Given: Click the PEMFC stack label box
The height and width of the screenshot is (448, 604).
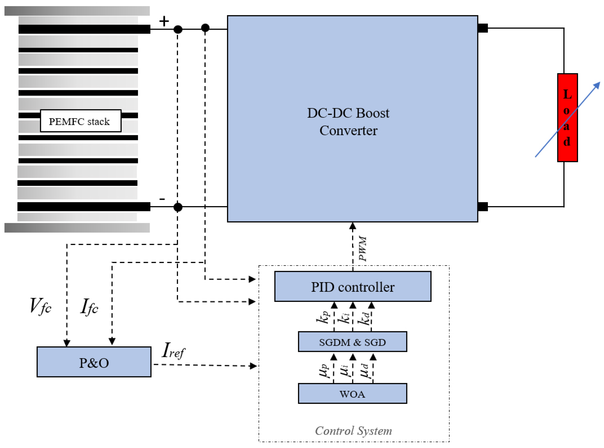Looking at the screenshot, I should (x=81, y=121).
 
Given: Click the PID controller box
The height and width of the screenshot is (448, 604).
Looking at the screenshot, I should (x=352, y=286).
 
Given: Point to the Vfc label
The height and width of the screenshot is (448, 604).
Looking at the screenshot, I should (x=40, y=306).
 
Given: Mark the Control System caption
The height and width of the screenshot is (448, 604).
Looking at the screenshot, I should (x=353, y=431).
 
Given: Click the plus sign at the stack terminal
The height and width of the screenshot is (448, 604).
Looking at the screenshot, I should (x=164, y=21).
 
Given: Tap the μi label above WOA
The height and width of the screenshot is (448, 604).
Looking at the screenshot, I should (x=345, y=370).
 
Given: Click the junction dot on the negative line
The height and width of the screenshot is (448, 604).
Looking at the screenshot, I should (x=178, y=207).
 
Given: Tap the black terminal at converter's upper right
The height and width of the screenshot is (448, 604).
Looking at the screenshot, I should (x=483, y=28).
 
